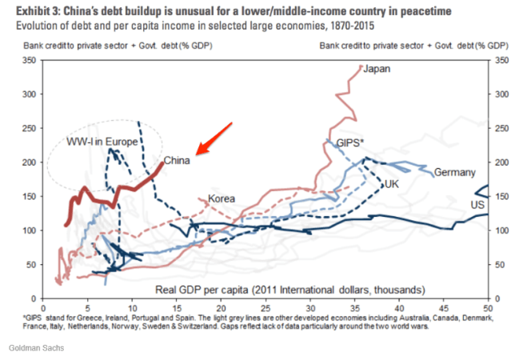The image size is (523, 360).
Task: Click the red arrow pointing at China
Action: click(x=214, y=137)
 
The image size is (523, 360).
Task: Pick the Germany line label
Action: click(x=455, y=173)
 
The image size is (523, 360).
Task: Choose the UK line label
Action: click(x=392, y=184)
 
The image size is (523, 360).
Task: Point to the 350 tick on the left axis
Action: click(x=30, y=60)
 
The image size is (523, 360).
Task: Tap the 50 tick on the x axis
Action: click(x=487, y=306)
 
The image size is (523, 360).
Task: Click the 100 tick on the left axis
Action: click(x=30, y=230)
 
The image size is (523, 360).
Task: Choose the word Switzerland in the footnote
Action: click(x=208, y=327)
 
